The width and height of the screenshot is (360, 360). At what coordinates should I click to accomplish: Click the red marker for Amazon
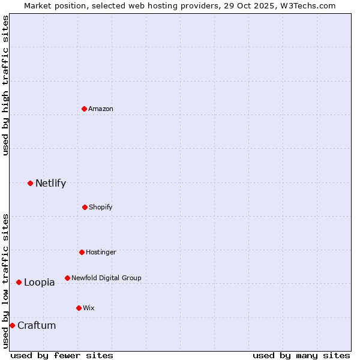(x=85, y=109)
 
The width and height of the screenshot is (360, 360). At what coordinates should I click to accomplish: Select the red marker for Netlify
(x=30, y=183)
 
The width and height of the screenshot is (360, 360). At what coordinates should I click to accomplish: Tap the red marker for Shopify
(x=85, y=207)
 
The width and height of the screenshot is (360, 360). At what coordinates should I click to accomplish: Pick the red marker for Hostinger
(x=82, y=252)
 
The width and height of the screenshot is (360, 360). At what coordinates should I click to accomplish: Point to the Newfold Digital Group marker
(x=67, y=278)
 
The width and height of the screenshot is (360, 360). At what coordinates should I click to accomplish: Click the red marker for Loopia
(x=19, y=282)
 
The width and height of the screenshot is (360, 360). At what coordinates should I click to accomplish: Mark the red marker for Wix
(x=79, y=308)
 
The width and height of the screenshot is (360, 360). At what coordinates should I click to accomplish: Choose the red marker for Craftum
(x=12, y=325)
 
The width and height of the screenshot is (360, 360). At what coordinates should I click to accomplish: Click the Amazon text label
(x=101, y=109)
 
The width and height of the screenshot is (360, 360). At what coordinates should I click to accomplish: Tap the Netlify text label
(x=50, y=183)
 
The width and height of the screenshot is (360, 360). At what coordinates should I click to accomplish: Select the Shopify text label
(x=101, y=207)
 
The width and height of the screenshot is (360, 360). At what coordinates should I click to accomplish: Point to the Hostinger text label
(x=101, y=252)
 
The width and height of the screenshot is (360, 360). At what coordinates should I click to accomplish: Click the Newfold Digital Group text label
(x=106, y=278)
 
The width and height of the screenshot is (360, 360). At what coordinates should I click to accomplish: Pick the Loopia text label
(x=39, y=282)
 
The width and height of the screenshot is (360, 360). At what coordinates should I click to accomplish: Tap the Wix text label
(x=89, y=308)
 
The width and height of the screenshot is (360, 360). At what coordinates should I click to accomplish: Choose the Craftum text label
(x=37, y=325)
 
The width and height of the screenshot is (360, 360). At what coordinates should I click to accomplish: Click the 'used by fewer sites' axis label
(x=62, y=355)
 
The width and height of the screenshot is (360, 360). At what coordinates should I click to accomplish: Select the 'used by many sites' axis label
(x=301, y=355)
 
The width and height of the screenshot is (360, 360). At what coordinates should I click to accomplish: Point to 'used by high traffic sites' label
(x=5, y=85)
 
